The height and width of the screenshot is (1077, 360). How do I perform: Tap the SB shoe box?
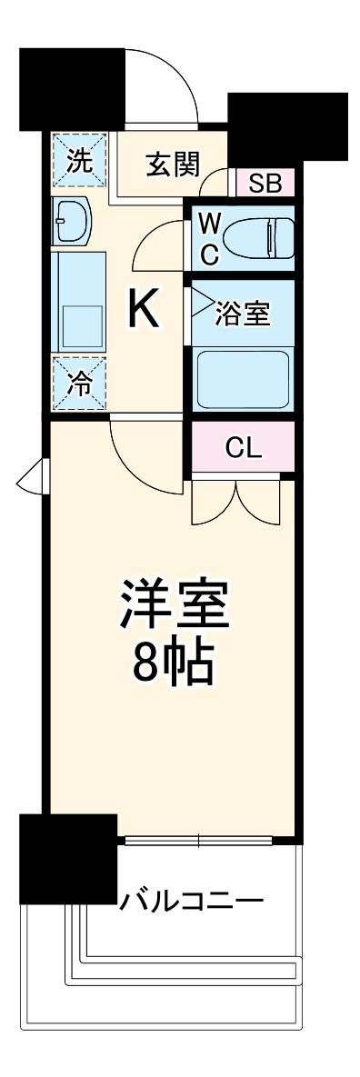[265, 184]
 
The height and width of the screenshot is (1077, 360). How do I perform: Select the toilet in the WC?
[256, 238]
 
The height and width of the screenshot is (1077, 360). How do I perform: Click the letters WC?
[209, 238]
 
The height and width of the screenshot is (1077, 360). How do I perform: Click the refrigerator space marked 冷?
[79, 383]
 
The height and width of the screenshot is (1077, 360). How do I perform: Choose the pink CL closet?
[244, 447]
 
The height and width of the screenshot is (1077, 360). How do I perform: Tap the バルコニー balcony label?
[192, 902]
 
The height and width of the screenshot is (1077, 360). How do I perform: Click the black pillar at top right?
[288, 126]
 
